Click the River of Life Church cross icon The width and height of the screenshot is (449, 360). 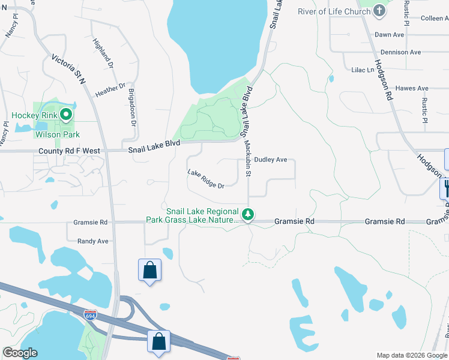pos(379,10)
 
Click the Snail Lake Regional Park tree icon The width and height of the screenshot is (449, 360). pos(247,214)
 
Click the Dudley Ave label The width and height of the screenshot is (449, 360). pos(271,160)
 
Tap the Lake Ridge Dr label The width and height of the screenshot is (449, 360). pos(205,179)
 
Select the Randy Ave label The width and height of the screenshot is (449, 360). pos(92,241)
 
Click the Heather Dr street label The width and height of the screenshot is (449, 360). pos(110,91)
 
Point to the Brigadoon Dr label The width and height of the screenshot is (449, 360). pos(133,107)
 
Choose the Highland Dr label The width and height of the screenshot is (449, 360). pos(103,52)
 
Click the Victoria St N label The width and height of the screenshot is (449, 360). pos(69,68)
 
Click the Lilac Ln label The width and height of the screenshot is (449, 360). pos(362,70)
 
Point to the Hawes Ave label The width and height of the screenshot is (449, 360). pos(412,88)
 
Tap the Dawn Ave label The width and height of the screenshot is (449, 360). pos(389,35)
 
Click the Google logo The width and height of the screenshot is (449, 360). pos(20,353)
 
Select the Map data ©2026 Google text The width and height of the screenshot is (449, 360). pos(411,355)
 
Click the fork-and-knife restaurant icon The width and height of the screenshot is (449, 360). pos(445,188)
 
